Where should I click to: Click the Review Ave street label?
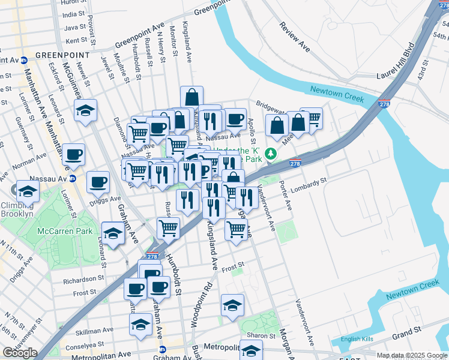pos(294,37)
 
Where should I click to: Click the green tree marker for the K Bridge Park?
pos(271,154)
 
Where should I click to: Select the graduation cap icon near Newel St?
pos(86,110)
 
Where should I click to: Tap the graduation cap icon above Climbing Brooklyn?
pos(28,191)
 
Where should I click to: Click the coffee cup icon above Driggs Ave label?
pos(98,181)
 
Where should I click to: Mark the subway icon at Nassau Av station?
pos(73,178)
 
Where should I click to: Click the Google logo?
pos(20,353)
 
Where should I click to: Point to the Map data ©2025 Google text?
pos(412,355)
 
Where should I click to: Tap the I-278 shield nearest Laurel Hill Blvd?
pos(384,104)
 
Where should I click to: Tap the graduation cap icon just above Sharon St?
pos(232,304)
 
